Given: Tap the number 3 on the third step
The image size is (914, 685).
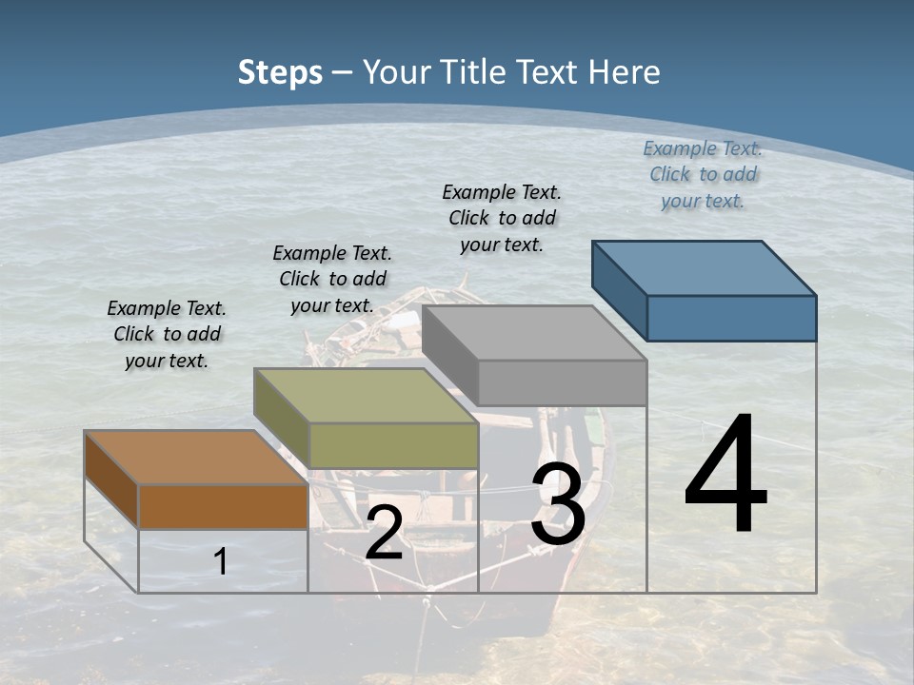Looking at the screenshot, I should coord(558,504).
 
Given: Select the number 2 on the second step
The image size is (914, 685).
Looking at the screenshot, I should coord(384,533).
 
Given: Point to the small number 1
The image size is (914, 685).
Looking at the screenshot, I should coord(220,561).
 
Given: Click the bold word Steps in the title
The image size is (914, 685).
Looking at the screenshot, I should coord(280,72).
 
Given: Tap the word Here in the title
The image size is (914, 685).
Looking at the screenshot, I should coord(625,72).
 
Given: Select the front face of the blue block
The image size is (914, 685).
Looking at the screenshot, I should coord(731,318).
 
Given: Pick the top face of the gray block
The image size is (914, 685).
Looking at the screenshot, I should coord(534,333).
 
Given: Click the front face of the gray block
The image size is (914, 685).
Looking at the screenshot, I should coord(562,382).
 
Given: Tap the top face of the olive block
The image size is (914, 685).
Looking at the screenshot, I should coord(366,396).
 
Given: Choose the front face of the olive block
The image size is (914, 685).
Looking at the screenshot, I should coord(393,445).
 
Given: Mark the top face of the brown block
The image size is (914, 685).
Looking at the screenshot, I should coord(196,458).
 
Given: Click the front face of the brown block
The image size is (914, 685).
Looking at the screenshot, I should coord(223,506).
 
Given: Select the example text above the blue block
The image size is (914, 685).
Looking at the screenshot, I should coord(703,174).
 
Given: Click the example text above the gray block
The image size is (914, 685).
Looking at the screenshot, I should coord(502,218).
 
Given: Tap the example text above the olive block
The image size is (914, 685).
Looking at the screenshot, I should coord(332,279).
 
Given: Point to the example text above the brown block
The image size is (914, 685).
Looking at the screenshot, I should coord(167,334).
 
